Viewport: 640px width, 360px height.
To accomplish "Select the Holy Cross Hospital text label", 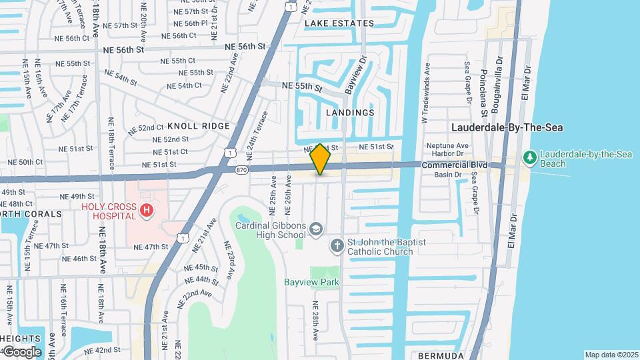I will (109, 211).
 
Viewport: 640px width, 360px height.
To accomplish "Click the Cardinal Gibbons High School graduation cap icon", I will (315, 229).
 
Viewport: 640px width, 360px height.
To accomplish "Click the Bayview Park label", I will (311, 282).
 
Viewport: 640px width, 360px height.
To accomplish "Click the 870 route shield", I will (241, 171).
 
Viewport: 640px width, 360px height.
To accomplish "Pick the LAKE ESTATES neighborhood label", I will (339, 23).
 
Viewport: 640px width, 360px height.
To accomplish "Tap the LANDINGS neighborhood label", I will (350, 113).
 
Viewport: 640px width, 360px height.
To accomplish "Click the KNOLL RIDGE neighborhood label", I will (199, 125).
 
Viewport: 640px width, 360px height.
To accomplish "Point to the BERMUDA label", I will (441, 356).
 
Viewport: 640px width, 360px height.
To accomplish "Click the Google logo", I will (22, 352).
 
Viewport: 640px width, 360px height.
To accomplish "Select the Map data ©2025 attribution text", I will (611, 355).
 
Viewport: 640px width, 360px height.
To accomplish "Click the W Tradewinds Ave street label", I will (425, 93).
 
